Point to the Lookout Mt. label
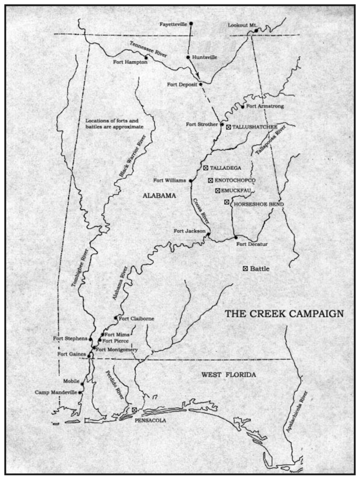[242, 25]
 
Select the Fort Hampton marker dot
[146, 58]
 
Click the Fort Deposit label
[181, 85]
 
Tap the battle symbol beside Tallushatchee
[228, 127]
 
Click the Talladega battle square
[205, 168]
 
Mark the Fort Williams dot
[190, 180]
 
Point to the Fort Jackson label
[190, 231]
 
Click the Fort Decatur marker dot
[236, 237]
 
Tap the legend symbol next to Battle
[245, 269]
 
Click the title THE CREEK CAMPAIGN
[284, 314]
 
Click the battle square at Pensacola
[135, 410]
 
